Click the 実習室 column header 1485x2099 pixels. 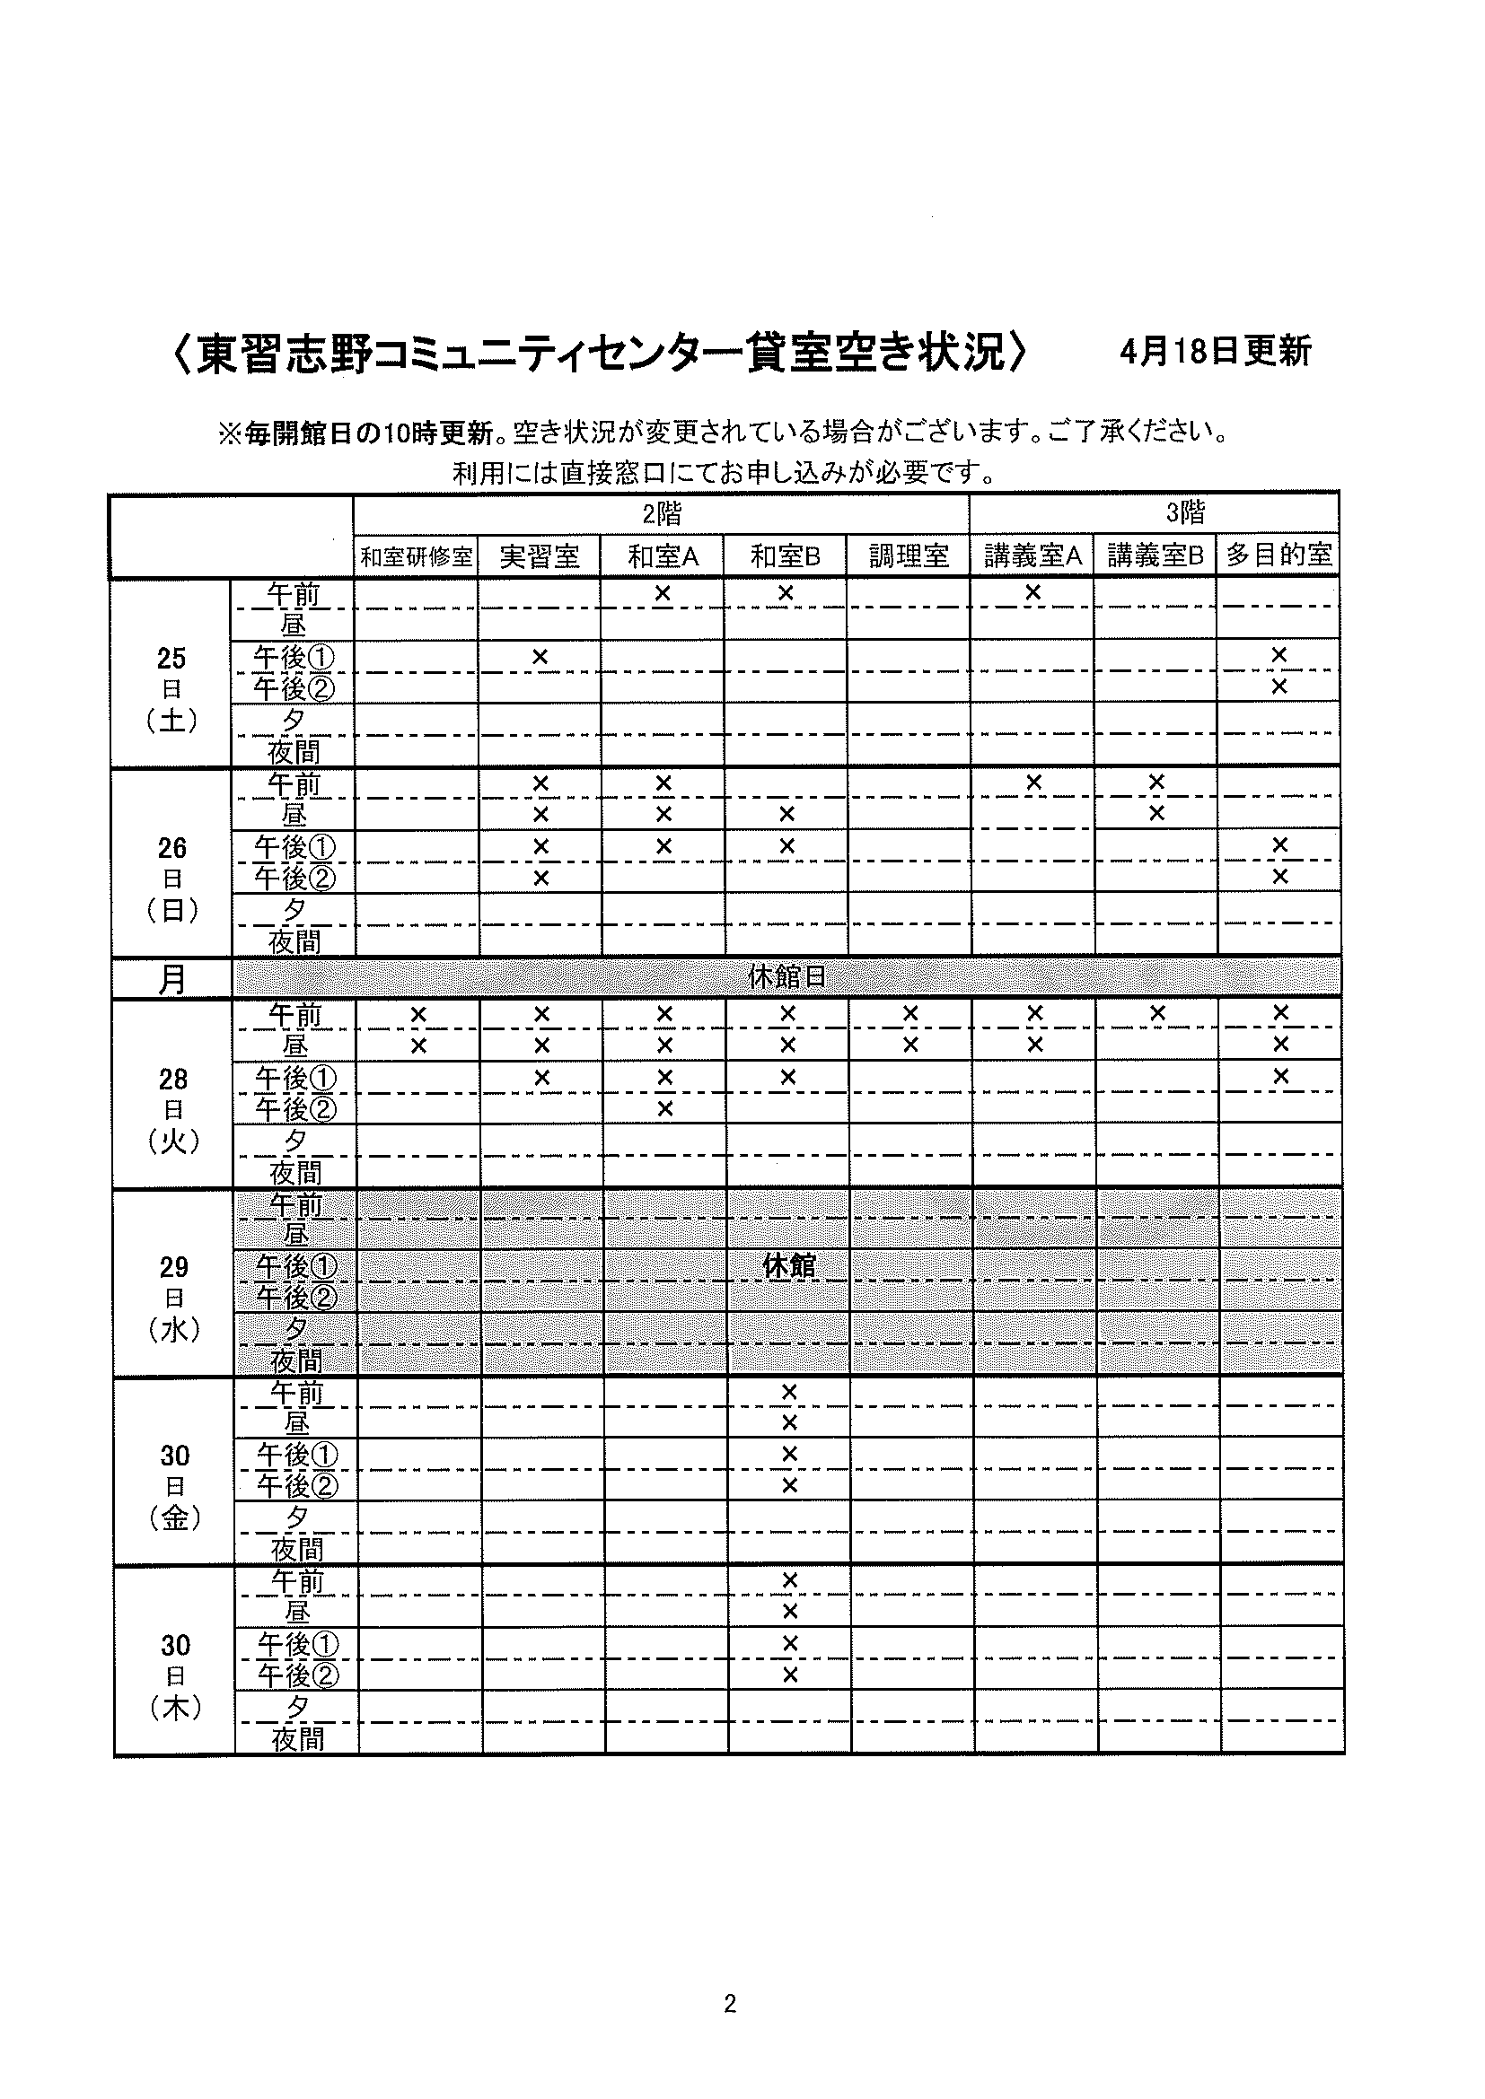(x=540, y=555)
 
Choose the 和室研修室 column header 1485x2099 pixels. (x=416, y=556)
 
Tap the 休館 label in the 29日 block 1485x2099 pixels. (x=788, y=1266)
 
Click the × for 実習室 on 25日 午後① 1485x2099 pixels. (x=540, y=656)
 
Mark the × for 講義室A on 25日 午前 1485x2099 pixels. (x=1032, y=592)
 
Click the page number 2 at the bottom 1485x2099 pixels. (x=730, y=2004)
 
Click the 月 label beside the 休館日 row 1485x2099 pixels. (x=171, y=979)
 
